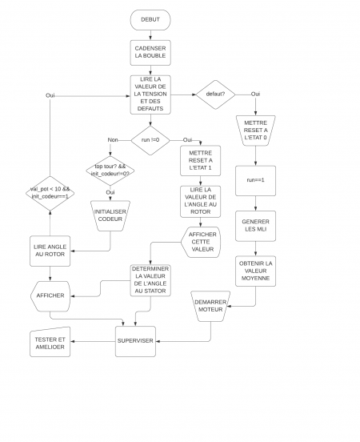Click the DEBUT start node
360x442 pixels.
pyautogui.click(x=150, y=18)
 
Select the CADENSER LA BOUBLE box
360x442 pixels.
pyautogui.click(x=150, y=53)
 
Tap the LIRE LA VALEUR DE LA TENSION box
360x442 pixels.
pyautogui.click(x=150, y=95)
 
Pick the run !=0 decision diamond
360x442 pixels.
pyautogui.click(x=150, y=139)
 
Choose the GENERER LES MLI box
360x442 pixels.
pyautogui.click(x=255, y=227)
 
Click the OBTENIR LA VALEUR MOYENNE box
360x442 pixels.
pyautogui.click(x=255, y=272)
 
